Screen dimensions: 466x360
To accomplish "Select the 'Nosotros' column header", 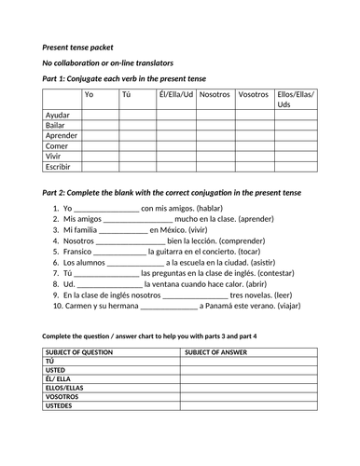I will [215, 94].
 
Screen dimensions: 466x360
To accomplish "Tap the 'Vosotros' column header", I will [253, 94].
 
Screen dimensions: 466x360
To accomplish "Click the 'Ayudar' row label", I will [59, 115].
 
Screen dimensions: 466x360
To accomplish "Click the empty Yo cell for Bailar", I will [100, 125].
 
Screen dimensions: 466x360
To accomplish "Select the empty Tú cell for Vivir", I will [136, 156].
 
